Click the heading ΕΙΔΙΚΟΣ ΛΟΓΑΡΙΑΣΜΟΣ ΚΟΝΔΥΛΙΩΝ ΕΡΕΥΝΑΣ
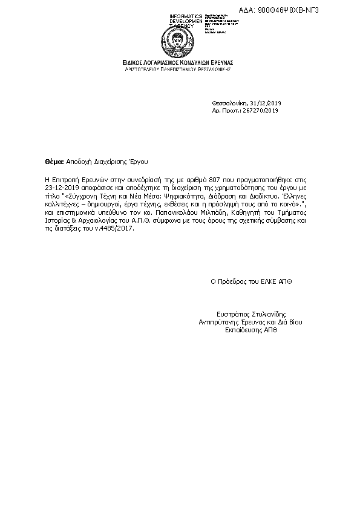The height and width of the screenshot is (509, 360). (x=178, y=63)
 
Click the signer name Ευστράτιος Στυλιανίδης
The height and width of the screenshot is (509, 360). (x=250, y=315)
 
